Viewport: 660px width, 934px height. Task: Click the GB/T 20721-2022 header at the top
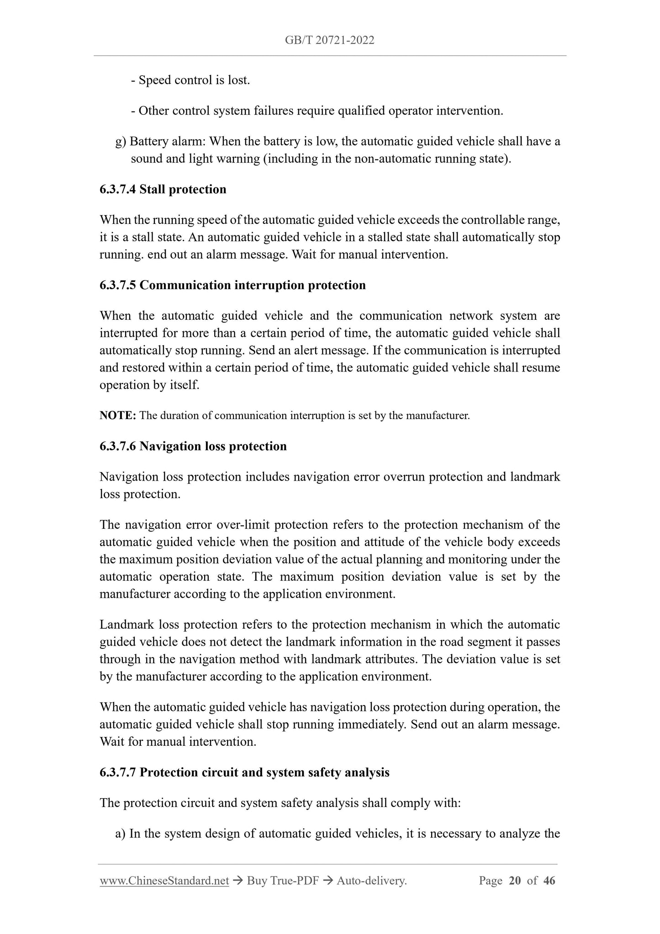coord(329,40)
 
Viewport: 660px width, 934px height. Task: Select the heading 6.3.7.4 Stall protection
coord(163,189)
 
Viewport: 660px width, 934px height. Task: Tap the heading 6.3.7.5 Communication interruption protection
coord(232,285)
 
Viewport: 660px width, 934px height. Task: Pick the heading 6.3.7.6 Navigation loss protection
coord(193,446)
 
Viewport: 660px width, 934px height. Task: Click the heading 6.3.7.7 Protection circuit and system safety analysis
coord(244,772)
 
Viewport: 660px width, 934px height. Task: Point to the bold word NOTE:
coord(118,416)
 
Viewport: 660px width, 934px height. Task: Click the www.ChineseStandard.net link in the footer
coord(164,881)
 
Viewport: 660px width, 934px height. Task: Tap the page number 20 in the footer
coord(515,881)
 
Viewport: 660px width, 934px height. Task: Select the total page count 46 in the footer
coord(549,881)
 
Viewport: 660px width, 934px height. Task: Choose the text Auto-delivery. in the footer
coord(371,881)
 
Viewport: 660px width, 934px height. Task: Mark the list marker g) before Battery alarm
coord(121,142)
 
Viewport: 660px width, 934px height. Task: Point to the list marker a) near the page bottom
coord(121,833)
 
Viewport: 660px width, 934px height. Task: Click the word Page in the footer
coord(491,881)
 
